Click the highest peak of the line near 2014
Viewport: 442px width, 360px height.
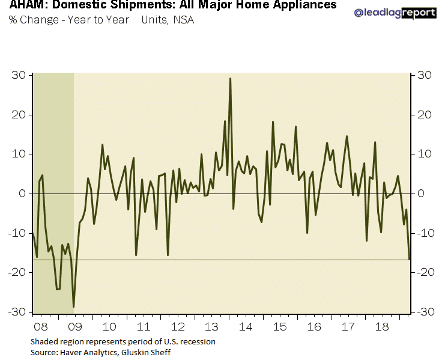click(230, 78)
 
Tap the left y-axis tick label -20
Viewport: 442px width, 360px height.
click(18, 272)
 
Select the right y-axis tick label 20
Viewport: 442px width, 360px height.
click(425, 115)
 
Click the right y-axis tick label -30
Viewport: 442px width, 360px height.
click(426, 312)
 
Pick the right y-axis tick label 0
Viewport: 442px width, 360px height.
click(422, 194)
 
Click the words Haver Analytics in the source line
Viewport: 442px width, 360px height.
click(83, 352)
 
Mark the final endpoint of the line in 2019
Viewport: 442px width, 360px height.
click(410, 260)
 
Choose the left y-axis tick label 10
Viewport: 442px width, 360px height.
click(20, 154)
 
